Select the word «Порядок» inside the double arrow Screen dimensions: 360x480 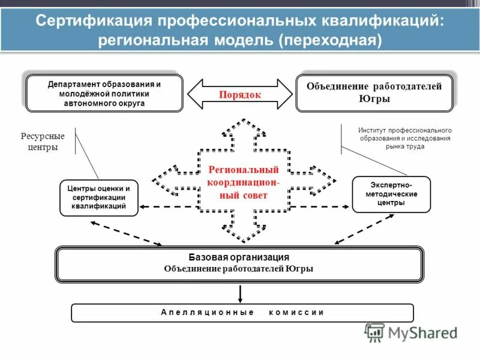[x=240, y=94]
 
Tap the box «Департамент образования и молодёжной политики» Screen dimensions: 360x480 [x=105, y=94]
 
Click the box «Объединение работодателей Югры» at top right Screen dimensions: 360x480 [x=374, y=93]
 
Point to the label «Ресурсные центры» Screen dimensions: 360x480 [x=43, y=142]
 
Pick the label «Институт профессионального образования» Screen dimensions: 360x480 [x=404, y=138]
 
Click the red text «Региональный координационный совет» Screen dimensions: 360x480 [x=243, y=183]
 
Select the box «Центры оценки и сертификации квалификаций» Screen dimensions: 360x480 [x=98, y=197]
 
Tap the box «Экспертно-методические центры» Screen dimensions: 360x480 [x=391, y=194]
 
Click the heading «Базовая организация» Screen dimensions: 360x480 [x=239, y=257]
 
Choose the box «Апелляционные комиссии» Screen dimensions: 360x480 [x=242, y=313]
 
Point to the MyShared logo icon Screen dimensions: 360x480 [x=374, y=332]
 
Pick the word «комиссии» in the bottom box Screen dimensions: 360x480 [x=296, y=313]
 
